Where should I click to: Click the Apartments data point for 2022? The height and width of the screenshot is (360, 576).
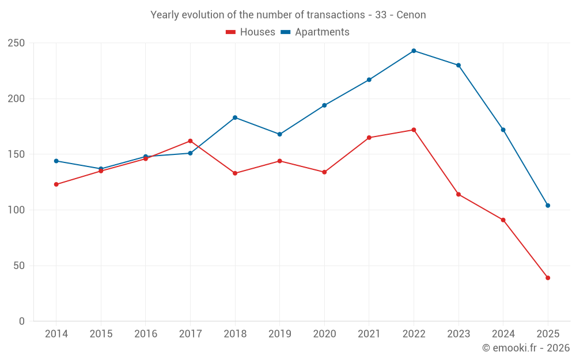pos(414,51)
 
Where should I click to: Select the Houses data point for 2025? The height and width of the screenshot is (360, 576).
pos(548,278)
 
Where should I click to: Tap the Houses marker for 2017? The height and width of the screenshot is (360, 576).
pos(190,141)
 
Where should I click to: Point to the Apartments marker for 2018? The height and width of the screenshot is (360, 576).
pos(235,118)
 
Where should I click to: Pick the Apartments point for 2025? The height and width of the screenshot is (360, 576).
pos(548,206)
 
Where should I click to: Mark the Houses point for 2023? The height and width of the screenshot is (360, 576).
pos(458,194)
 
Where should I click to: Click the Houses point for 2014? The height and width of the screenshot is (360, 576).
pos(56,184)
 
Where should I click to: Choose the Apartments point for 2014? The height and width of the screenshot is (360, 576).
pos(56,161)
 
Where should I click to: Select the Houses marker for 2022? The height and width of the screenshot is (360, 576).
pos(414,130)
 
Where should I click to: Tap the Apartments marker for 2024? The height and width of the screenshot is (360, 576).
pos(503,130)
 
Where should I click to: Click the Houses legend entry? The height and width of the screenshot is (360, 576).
pos(251,32)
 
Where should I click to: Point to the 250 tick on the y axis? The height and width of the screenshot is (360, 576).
pos(16,43)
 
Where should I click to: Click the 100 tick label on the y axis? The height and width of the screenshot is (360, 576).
pos(16,210)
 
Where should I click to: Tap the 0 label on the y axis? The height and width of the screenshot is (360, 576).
pos(22,321)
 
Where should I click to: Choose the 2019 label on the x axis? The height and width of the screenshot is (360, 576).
pos(279,334)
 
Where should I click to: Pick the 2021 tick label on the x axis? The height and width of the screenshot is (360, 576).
pos(369,334)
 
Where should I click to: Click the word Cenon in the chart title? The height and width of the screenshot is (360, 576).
pos(411,15)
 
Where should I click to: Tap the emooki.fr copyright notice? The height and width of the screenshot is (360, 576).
pos(526,348)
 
